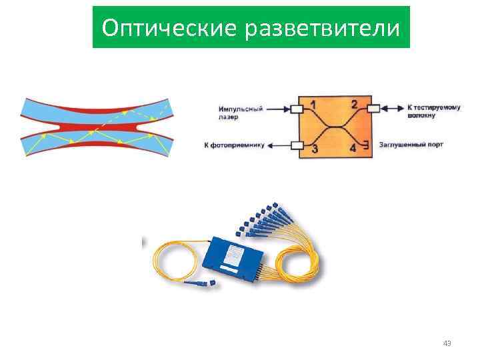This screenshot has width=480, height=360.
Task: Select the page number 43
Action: (x=447, y=343)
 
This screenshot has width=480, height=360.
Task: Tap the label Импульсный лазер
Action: (x=240, y=111)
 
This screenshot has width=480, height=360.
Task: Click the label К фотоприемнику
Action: (x=234, y=145)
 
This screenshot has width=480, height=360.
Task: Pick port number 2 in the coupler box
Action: (x=354, y=105)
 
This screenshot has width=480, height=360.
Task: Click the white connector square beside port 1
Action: (x=297, y=108)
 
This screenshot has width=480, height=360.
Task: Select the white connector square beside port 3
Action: (x=297, y=145)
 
